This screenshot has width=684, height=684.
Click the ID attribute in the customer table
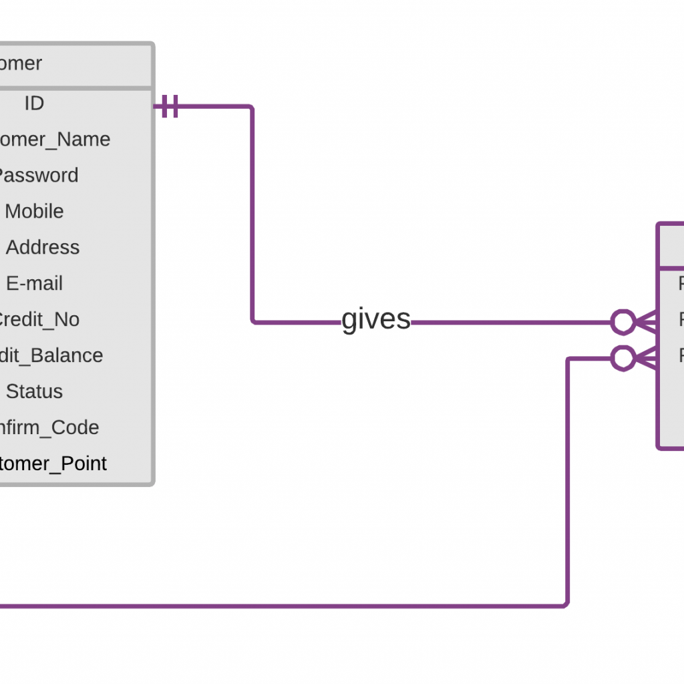click(34, 104)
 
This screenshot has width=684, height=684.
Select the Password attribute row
click(37, 176)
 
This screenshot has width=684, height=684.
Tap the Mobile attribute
click(34, 212)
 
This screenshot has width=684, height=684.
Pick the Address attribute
click(43, 248)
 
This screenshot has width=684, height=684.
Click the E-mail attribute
click(34, 284)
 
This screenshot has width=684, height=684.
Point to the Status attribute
click(34, 392)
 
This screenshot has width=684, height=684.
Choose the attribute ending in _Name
click(53, 140)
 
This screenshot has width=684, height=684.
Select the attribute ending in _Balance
click(50, 356)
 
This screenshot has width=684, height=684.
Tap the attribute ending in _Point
click(52, 464)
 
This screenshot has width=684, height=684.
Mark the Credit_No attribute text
click(37, 320)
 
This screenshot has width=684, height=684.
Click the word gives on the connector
click(376, 320)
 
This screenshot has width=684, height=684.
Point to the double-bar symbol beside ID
click(170, 106)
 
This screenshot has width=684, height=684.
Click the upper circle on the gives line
click(623, 322)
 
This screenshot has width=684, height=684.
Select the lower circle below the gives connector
click(623, 358)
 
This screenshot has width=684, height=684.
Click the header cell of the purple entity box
click(671, 246)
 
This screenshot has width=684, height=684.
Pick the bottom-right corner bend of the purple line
click(566, 605)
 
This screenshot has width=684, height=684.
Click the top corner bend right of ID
click(252, 107)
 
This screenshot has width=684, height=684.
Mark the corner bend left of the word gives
click(253, 322)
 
